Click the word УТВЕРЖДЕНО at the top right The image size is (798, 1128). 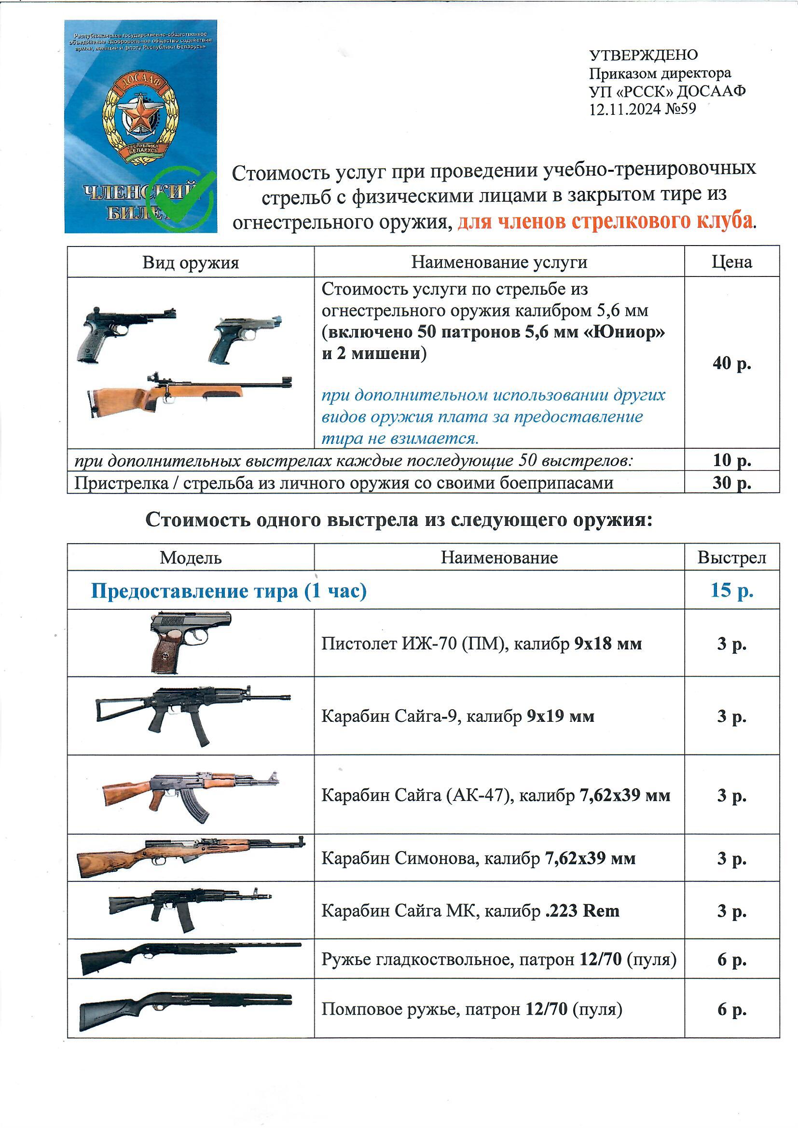(643, 55)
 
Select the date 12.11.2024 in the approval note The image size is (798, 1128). (625, 109)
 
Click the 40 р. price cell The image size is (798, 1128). (732, 363)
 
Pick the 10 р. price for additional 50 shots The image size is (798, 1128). (732, 460)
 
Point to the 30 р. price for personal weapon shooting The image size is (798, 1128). (732, 482)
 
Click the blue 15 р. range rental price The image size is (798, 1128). (732, 590)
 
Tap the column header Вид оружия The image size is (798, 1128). (191, 262)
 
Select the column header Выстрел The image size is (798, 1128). (732, 558)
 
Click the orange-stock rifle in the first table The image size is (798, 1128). (189, 394)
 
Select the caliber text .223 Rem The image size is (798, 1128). (582, 911)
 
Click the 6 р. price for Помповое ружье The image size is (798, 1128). (732, 1010)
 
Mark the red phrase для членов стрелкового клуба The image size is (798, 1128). (605, 222)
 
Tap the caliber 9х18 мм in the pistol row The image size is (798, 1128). (608, 644)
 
